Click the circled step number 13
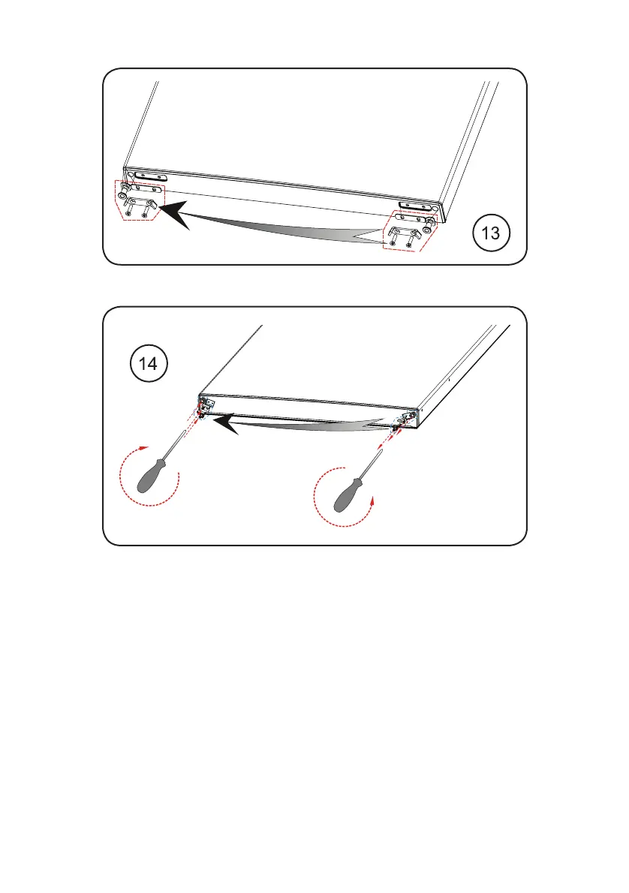click(491, 233)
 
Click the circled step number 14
click(149, 363)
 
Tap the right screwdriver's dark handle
click(348, 495)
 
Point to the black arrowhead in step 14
click(226, 424)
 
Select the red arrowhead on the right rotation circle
click(372, 500)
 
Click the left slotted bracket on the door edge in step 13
click(150, 176)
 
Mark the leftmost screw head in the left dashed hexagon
click(129, 213)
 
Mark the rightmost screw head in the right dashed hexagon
click(408, 245)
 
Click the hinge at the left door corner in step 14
click(204, 407)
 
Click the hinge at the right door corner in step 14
click(405, 419)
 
